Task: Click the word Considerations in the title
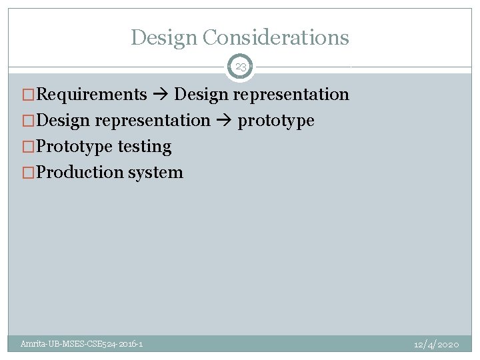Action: pos(275,37)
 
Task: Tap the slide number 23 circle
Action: pos(241,67)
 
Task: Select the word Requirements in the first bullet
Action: pos(91,95)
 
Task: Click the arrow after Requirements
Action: pos(161,95)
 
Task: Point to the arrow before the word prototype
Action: pos(224,121)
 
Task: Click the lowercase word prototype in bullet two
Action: pos(276,121)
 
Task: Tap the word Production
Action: pos(69,172)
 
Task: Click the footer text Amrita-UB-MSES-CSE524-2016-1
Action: pos(81,344)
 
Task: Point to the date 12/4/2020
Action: pos(436,344)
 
